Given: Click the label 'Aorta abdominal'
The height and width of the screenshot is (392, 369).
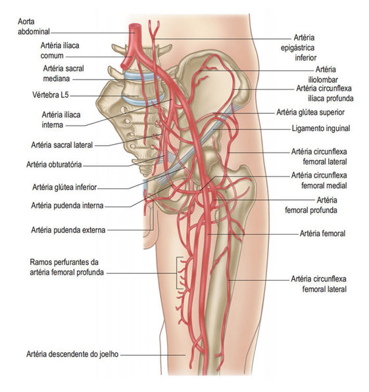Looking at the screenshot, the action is (x=34, y=26).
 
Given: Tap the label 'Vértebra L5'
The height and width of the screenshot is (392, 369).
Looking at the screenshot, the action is (x=50, y=95).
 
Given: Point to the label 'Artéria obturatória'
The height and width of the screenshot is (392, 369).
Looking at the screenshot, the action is (x=54, y=164).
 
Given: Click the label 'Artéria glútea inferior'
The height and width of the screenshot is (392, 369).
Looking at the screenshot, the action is (x=64, y=187).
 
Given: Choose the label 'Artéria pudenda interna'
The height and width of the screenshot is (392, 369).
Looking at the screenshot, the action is (x=67, y=205).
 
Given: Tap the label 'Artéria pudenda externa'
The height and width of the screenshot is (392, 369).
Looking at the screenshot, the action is (x=68, y=230).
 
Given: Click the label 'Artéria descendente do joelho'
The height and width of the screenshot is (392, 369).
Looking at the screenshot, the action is (x=72, y=354).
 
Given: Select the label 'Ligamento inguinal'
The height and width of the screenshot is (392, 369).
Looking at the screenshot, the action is (x=321, y=128).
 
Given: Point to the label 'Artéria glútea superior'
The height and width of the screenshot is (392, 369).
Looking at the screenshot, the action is (x=310, y=112).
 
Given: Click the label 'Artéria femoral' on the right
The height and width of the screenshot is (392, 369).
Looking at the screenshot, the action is (x=322, y=233).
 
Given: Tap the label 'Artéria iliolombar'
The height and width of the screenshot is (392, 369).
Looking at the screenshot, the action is (x=324, y=74).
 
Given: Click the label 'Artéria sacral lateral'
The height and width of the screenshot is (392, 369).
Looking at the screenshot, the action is (x=62, y=145).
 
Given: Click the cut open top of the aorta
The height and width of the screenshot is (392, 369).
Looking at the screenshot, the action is (x=135, y=26).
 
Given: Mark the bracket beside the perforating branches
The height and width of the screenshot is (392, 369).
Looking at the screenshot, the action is (x=178, y=273).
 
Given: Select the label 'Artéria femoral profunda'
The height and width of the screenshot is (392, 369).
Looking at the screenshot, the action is (x=311, y=205).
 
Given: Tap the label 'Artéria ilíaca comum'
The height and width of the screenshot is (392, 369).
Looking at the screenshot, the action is (x=60, y=51).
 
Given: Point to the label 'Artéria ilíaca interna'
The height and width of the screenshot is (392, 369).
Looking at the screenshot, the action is (x=61, y=120).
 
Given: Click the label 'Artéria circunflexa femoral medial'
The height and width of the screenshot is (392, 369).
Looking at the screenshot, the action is (x=319, y=180).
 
